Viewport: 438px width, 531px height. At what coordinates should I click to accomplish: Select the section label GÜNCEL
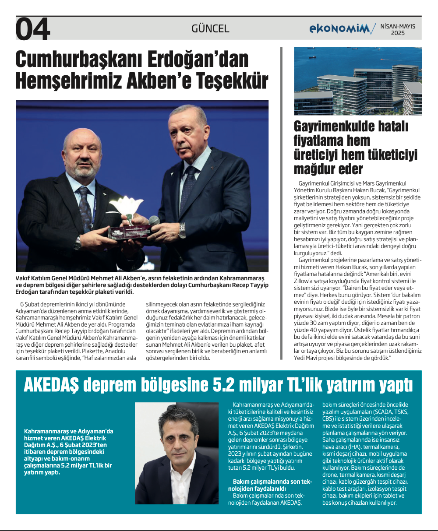click(x=210, y=29)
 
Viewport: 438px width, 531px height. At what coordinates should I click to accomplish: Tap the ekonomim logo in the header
click(x=342, y=29)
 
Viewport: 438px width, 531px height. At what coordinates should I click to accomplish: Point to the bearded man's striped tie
click(x=85, y=206)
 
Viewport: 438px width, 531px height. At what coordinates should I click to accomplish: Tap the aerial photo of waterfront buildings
click(x=357, y=81)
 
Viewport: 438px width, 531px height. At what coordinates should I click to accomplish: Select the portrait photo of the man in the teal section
click(x=177, y=453)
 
